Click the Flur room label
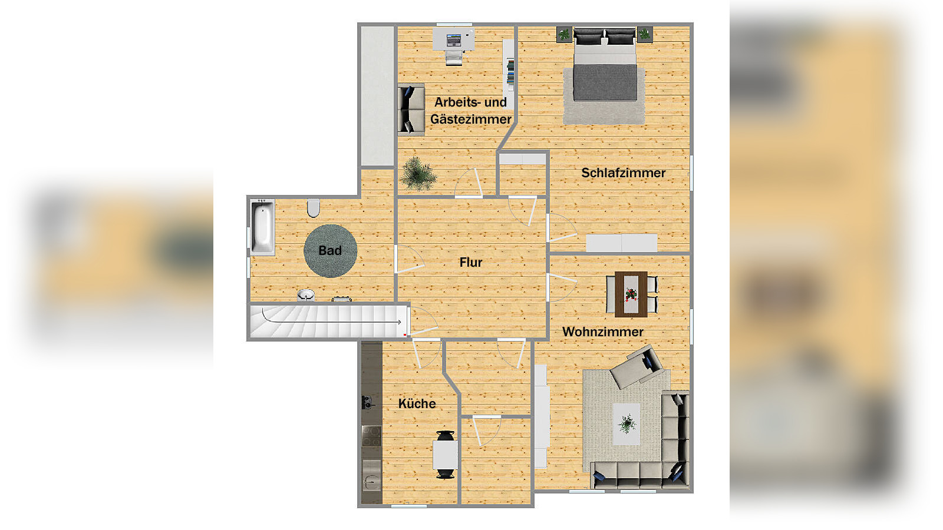(x=470, y=263)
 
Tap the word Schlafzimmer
(x=623, y=173)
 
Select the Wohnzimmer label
(x=602, y=332)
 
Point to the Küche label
(x=417, y=404)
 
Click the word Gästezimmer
(x=470, y=120)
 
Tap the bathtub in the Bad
(x=262, y=227)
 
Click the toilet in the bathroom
(x=314, y=208)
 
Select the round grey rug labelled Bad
(x=330, y=251)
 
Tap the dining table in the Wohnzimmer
(x=631, y=294)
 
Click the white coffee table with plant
(x=627, y=424)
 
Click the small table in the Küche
(x=445, y=455)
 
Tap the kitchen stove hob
(x=371, y=437)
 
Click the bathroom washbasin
(x=306, y=294)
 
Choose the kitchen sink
(x=371, y=482)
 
